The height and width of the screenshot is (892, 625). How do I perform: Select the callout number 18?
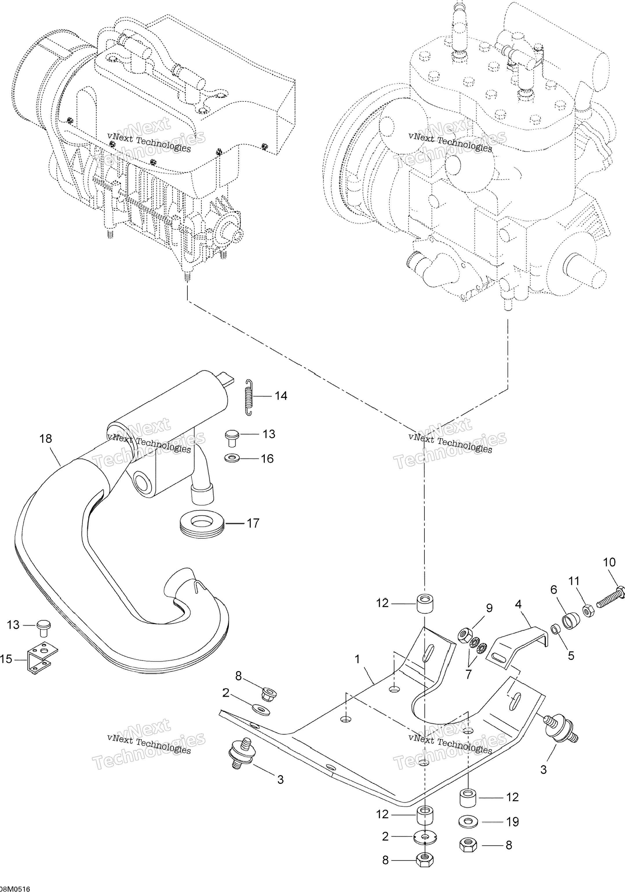45,439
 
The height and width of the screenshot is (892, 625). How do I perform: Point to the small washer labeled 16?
232,458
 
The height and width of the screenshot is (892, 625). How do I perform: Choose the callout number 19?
512,822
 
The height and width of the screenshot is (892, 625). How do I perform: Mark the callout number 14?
281,396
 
